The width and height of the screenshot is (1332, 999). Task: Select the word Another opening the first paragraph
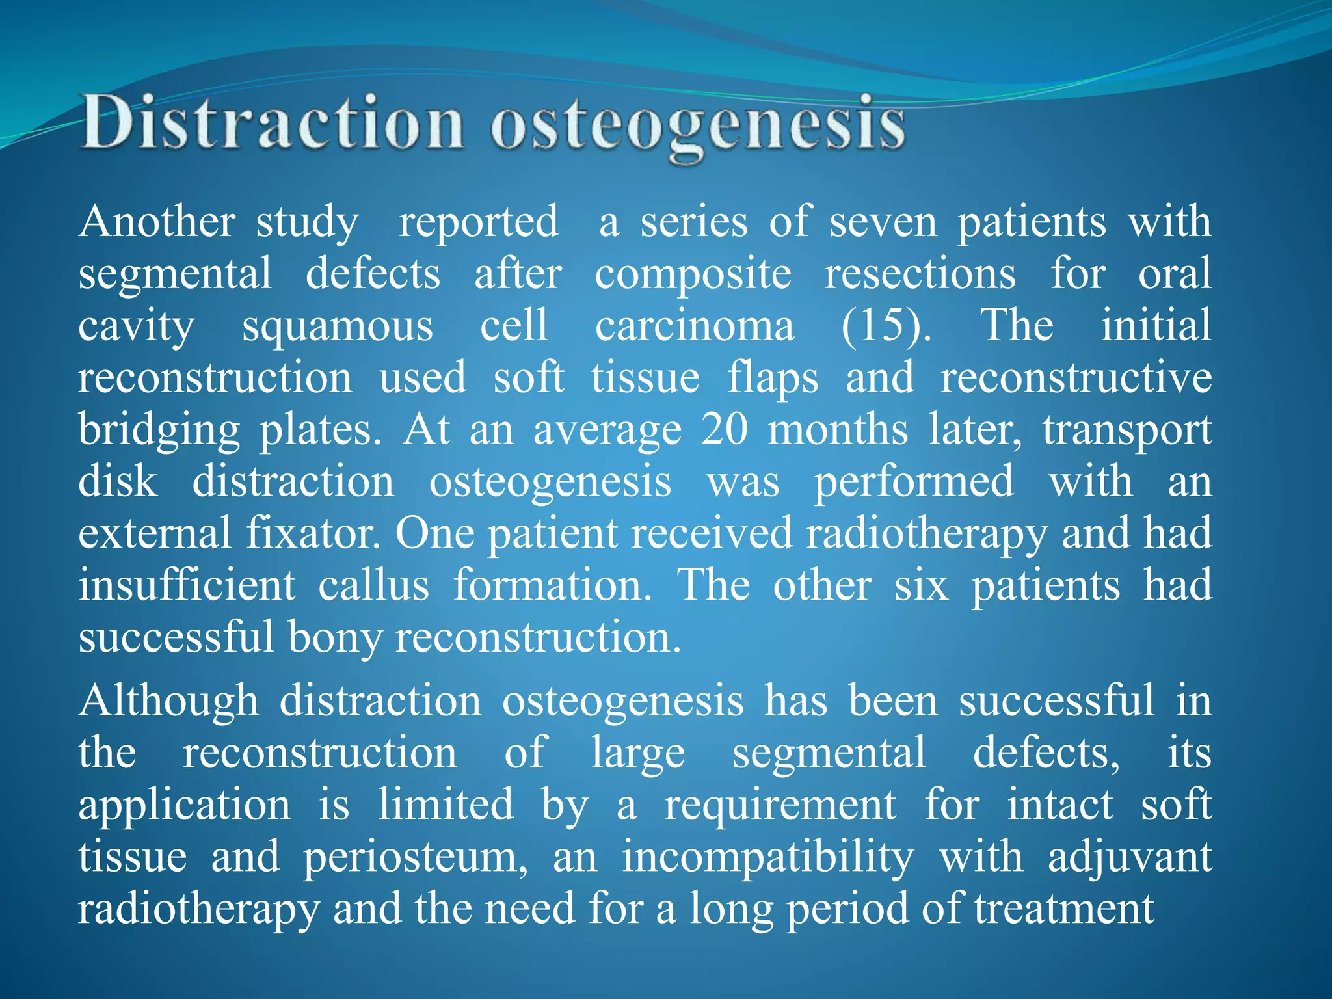[x=157, y=222]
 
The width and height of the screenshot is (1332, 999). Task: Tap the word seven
[x=883, y=222]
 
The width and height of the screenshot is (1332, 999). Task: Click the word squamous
[x=338, y=326]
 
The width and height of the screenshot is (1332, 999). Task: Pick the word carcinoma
[x=695, y=326]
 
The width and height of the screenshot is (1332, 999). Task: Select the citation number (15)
[x=886, y=326]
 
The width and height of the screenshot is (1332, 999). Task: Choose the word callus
[x=373, y=585]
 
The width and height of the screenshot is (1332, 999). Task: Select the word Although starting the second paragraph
[x=168, y=702]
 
